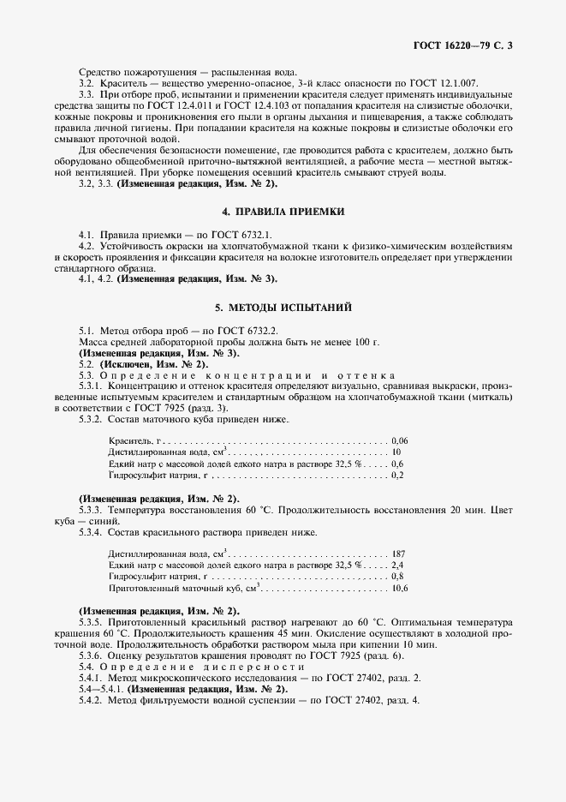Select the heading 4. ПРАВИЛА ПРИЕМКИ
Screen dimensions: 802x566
tap(283, 211)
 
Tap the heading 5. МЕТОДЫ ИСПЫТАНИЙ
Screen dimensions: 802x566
tap(283, 307)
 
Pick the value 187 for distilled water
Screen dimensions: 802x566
tap(397, 554)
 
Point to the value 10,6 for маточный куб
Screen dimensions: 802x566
tap(399, 589)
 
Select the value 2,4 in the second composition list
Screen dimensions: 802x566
tap(397, 566)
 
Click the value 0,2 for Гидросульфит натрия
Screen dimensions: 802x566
tap(397, 475)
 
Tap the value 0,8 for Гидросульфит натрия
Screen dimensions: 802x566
tap(397, 578)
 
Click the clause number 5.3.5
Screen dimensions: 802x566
tap(90, 621)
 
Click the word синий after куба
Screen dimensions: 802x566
tap(119, 520)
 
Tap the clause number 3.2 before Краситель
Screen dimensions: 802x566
tap(86, 82)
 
